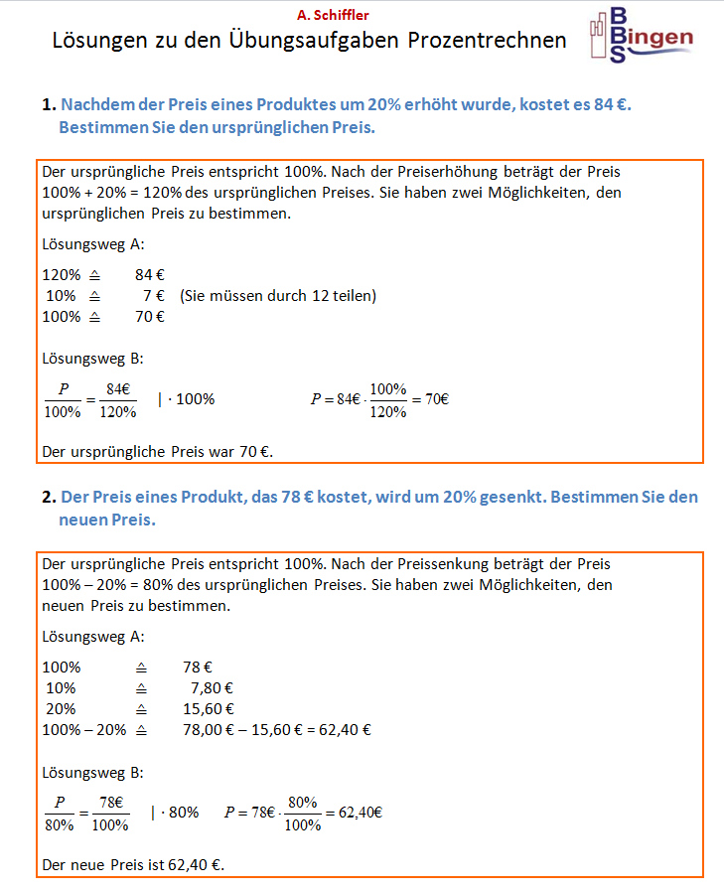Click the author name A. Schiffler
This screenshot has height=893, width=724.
[x=333, y=15]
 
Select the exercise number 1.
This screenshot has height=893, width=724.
[x=48, y=104]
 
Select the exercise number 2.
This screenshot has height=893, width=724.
[x=48, y=497]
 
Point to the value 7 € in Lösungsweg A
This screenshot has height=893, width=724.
[x=153, y=295]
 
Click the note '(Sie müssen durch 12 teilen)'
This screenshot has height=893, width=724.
[x=279, y=295]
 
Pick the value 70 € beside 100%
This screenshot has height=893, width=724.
[x=150, y=316]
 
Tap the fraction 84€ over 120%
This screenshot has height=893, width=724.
[x=118, y=399]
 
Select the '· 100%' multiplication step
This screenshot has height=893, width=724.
[x=190, y=399]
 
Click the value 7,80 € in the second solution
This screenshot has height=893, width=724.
[x=212, y=687]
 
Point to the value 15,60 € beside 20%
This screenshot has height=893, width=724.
[x=209, y=708]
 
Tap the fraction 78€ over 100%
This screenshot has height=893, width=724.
[x=110, y=812]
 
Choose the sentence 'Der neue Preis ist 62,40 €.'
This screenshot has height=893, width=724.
[x=133, y=864]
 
